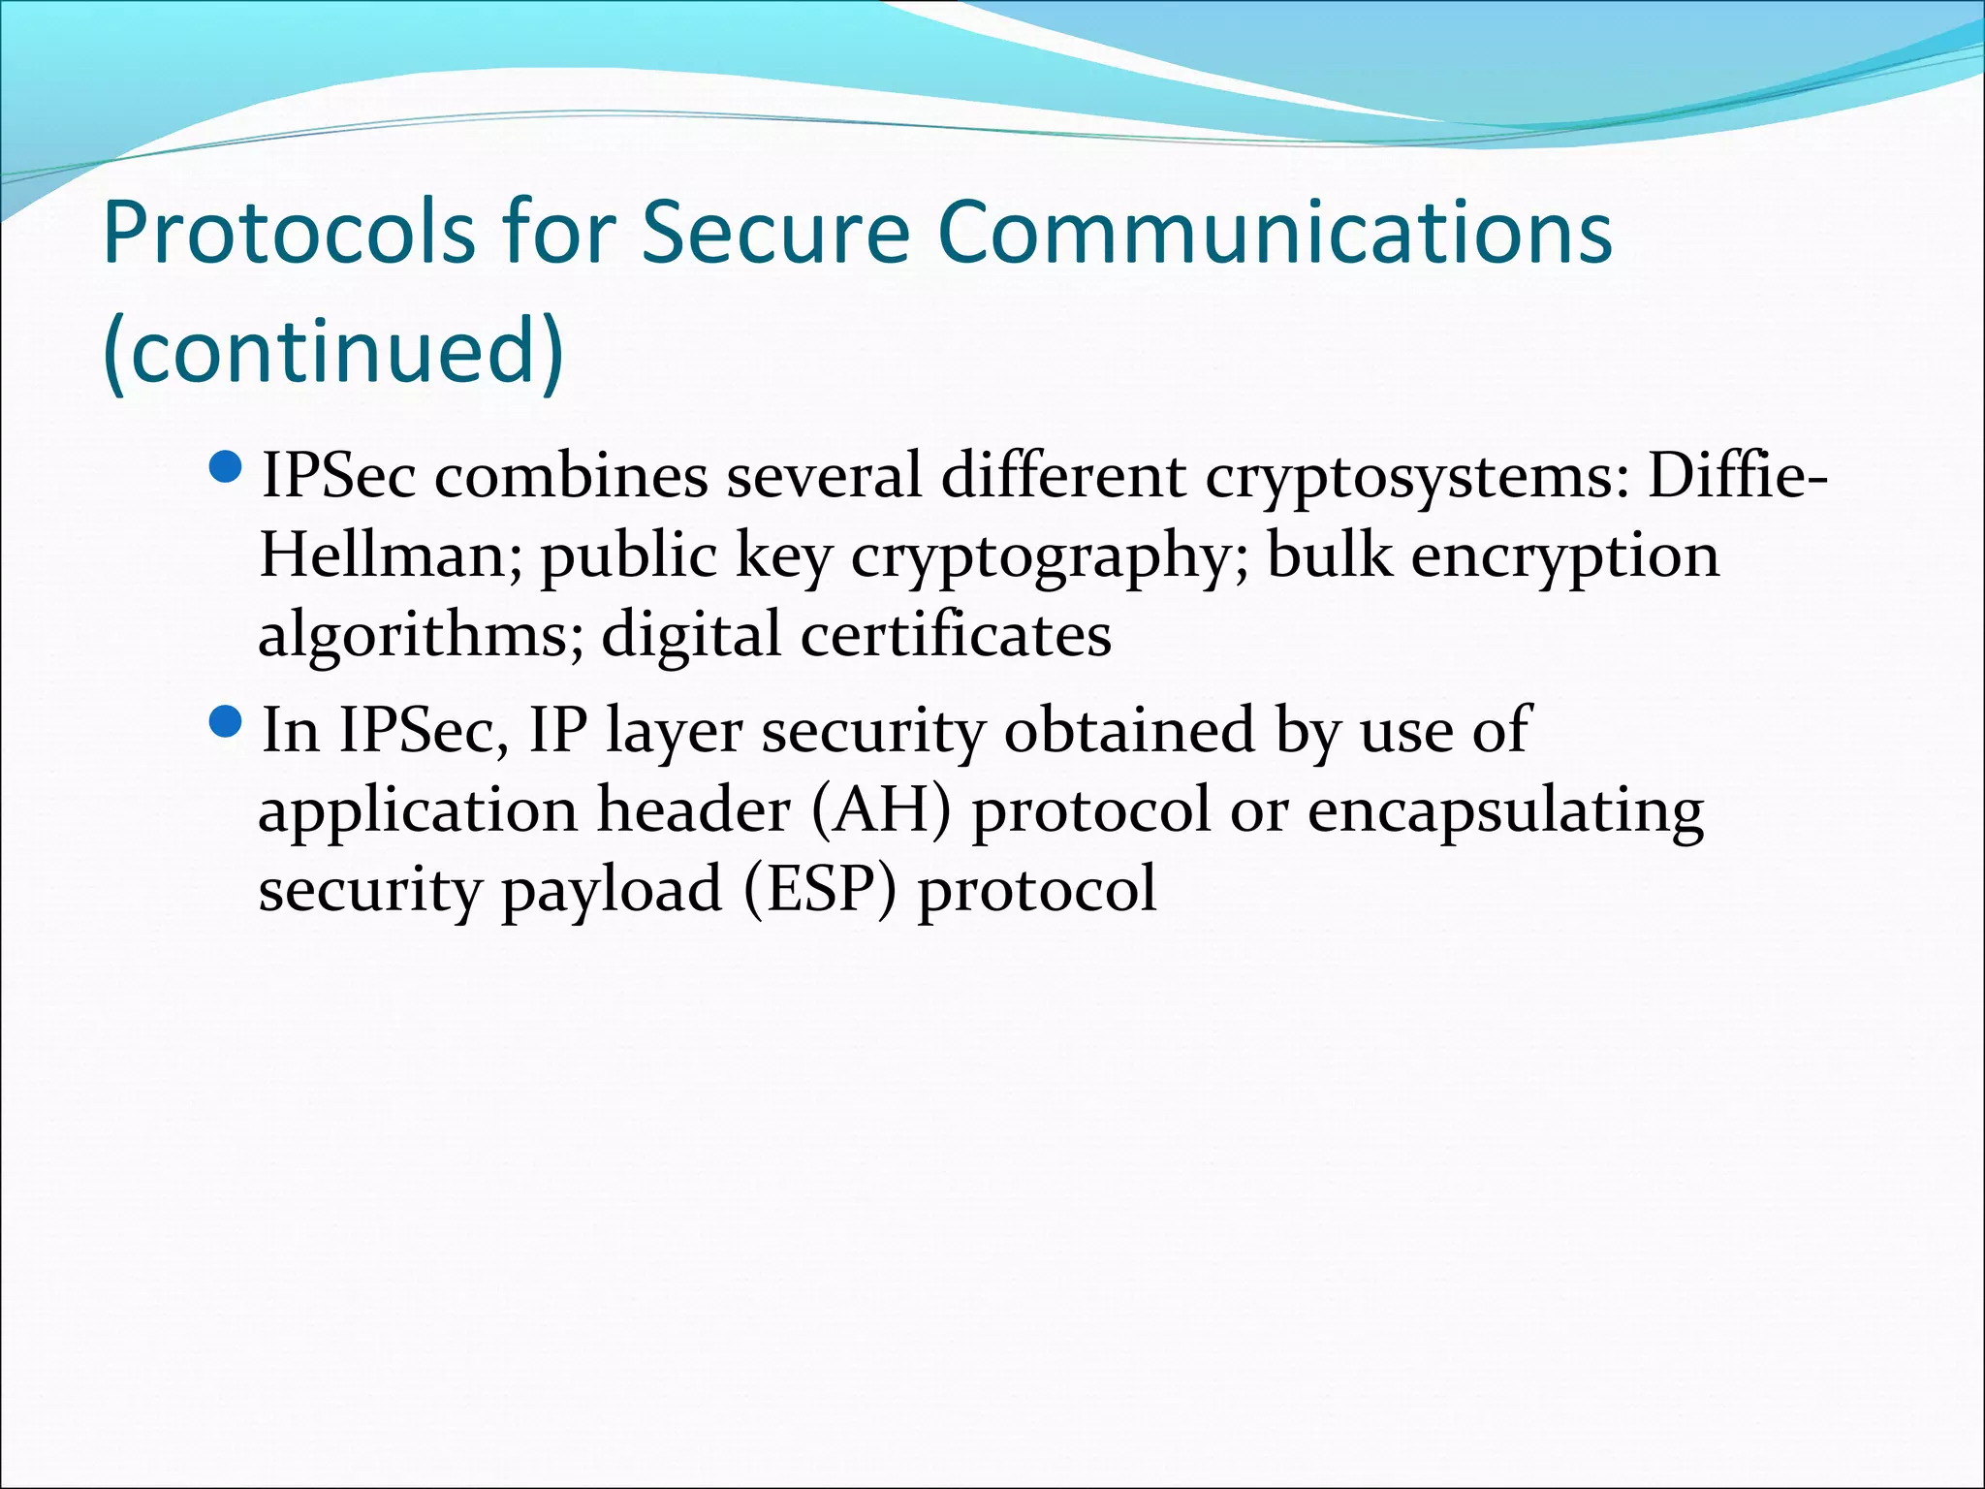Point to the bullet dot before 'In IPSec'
[x=225, y=723]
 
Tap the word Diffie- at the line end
[x=1738, y=477]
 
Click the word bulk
[x=1329, y=555]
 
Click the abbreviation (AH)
[x=881, y=810]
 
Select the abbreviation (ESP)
[x=822, y=890]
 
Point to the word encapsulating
[x=1505, y=811]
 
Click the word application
[x=418, y=811]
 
